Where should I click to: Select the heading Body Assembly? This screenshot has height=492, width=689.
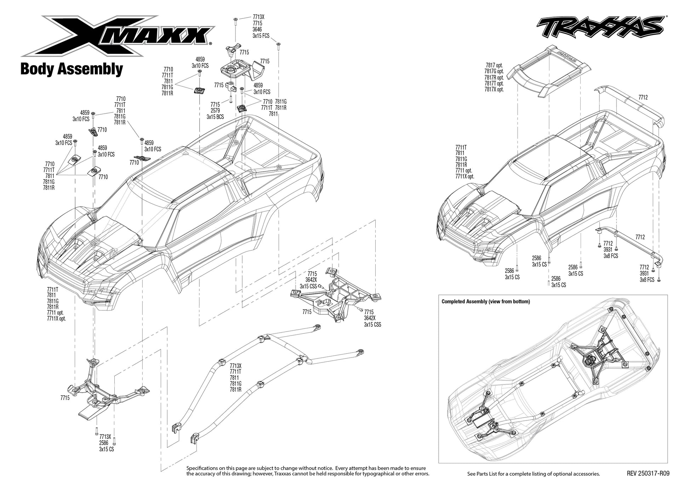point(72,69)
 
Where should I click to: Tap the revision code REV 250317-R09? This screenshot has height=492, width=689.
point(648,473)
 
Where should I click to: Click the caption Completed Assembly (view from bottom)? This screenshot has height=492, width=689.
point(485,302)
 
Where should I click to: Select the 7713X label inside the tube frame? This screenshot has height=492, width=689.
point(235,365)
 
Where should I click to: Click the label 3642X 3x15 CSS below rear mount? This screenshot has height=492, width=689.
point(372,321)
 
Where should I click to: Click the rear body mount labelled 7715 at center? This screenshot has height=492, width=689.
point(336,297)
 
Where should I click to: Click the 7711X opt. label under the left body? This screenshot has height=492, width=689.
point(56,318)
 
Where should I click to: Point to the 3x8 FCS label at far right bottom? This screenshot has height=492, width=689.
point(647,280)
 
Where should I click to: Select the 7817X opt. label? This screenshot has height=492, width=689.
point(494,90)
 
